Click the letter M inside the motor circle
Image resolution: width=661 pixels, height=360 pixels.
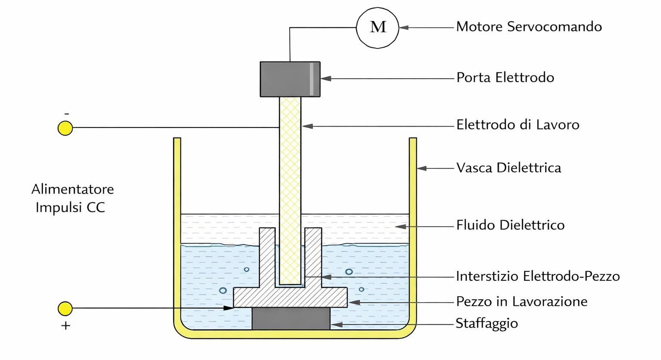pyautogui.click(x=378, y=27)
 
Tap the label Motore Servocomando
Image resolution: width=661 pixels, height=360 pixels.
pyautogui.click(x=529, y=27)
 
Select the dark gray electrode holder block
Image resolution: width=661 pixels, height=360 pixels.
pyautogui.click(x=290, y=79)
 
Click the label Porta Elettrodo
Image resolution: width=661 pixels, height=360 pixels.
pyautogui.click(x=505, y=78)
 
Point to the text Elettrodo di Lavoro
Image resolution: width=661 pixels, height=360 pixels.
pyautogui.click(x=518, y=124)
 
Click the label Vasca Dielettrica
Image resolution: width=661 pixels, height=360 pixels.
pyautogui.click(x=509, y=168)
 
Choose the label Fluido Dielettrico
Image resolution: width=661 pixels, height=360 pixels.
pyautogui.click(x=510, y=225)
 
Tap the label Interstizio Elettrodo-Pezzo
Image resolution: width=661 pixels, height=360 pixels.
pyautogui.click(x=538, y=276)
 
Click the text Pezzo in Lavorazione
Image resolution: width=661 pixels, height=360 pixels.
pyautogui.click(x=522, y=301)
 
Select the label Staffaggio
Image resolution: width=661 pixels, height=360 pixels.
pyautogui.click(x=487, y=323)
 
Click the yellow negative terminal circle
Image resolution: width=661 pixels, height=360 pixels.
pyautogui.click(x=65, y=128)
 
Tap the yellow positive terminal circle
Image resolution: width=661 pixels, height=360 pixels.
pyautogui.click(x=65, y=309)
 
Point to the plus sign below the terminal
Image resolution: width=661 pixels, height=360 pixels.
pyautogui.click(x=65, y=326)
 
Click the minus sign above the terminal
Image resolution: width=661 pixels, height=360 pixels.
pyautogui.click(x=67, y=114)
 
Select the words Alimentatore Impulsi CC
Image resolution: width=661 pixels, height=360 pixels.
pyautogui.click(x=73, y=198)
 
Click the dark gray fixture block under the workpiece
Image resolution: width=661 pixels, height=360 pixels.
pyautogui.click(x=291, y=319)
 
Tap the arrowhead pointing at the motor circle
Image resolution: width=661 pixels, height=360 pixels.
pyautogui.click(x=404, y=28)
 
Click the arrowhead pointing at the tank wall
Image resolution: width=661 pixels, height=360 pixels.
pyautogui.click(x=422, y=168)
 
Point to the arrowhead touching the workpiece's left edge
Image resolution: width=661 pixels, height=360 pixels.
pyautogui.click(x=229, y=308)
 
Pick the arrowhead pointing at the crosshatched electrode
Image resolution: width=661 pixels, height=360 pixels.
pyautogui.click(x=307, y=126)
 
